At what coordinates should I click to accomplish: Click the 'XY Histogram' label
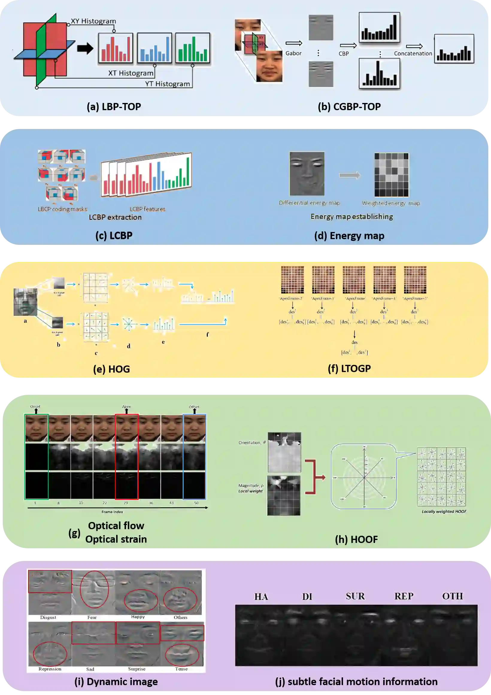pos(93,21)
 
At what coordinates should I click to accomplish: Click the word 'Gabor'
pos(293,53)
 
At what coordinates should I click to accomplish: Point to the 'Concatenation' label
pos(413,54)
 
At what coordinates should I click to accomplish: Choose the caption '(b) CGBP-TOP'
pos(349,107)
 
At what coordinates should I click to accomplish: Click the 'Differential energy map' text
pos(309,203)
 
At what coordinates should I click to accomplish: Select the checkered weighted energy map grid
pos(391,175)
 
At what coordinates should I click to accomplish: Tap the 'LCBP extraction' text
pos(115,217)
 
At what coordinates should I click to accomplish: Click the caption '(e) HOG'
pos(111,369)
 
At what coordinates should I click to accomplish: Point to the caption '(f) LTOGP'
pos(349,368)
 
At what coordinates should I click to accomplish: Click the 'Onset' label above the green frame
pos(35,406)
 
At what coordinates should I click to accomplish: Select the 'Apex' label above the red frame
pos(126,406)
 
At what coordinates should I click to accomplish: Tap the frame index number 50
pos(196,503)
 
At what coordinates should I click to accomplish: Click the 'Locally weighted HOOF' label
pos(444,512)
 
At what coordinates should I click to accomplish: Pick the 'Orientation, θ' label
pos(252,443)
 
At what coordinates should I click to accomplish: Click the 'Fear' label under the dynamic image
pos(92,617)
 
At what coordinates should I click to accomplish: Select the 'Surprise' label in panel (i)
pos(137,669)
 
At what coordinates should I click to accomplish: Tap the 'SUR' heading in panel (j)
pos(355,596)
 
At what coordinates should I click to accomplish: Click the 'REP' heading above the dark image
pos(404,596)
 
